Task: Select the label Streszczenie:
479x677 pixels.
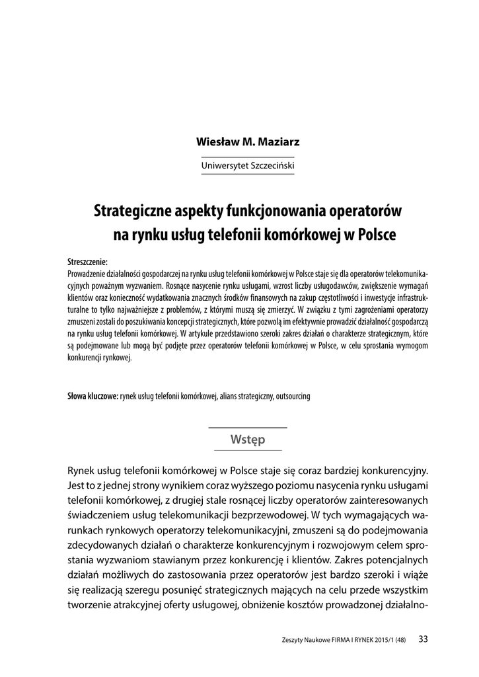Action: click(87, 262)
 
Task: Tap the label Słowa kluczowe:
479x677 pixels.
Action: click(92, 397)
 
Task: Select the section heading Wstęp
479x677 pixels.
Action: click(248, 440)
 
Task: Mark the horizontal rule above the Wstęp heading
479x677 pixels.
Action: click(248, 428)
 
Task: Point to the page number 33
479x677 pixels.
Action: click(424, 638)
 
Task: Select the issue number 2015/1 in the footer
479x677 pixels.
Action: click(386, 639)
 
